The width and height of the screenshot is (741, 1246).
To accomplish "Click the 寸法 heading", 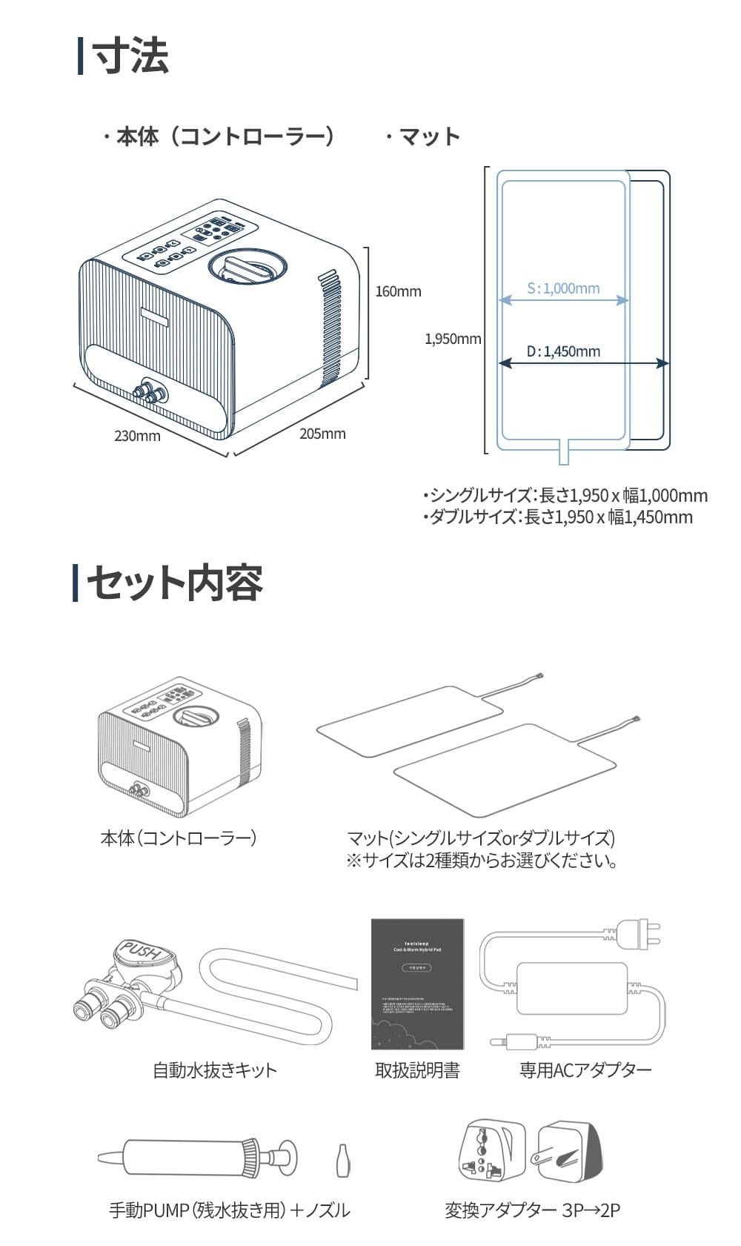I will pyautogui.click(x=130, y=56).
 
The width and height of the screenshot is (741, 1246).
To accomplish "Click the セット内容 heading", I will pyautogui.click(x=175, y=583).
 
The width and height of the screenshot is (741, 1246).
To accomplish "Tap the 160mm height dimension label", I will pyautogui.click(x=398, y=291).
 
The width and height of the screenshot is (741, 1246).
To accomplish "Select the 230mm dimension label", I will pyautogui.click(x=137, y=436).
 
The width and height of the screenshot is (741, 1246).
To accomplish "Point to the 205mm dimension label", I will pyautogui.click(x=322, y=434).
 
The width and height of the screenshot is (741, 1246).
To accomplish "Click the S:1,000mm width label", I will pyautogui.click(x=563, y=288).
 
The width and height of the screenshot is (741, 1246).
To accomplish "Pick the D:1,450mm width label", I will pyautogui.click(x=563, y=351).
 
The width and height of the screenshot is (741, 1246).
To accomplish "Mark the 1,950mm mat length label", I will pyautogui.click(x=453, y=339).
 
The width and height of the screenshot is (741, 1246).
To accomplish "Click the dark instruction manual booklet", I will pyautogui.click(x=417, y=984).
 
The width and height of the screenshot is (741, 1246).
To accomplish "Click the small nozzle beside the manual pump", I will pyautogui.click(x=342, y=1159).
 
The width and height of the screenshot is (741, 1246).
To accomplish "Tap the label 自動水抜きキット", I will pyautogui.click(x=214, y=1070).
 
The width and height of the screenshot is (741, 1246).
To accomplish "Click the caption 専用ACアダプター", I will pyautogui.click(x=585, y=1070).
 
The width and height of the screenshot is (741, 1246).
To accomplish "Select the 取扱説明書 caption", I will pyautogui.click(x=417, y=1070).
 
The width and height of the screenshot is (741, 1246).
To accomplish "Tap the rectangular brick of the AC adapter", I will pyautogui.click(x=571, y=989).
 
